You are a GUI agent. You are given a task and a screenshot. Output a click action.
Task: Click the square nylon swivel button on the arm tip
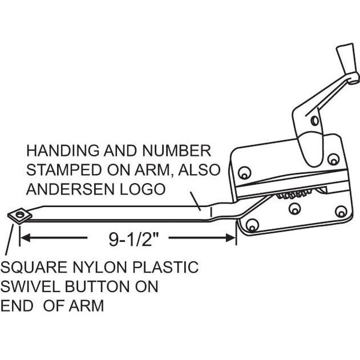(x=20, y=215)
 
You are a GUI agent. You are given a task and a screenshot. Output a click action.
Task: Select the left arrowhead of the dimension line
(x=25, y=238)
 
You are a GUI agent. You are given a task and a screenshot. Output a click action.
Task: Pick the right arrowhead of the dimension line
(x=230, y=238)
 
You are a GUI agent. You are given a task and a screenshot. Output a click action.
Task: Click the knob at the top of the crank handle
(x=347, y=59)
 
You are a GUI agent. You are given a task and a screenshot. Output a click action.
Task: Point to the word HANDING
(x=63, y=151)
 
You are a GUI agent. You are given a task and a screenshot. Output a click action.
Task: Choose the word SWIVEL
(x=31, y=287)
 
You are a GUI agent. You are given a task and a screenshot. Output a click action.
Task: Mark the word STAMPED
(x=64, y=170)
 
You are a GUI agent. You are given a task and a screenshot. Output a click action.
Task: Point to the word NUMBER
(x=176, y=151)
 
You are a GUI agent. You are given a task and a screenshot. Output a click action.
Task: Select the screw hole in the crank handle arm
(x=315, y=121)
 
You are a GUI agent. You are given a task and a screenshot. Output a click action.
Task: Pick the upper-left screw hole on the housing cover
(x=244, y=173)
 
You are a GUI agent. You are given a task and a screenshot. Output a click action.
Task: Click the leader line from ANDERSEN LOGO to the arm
(x=196, y=202)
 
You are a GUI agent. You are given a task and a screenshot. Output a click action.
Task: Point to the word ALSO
(x=199, y=170)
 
